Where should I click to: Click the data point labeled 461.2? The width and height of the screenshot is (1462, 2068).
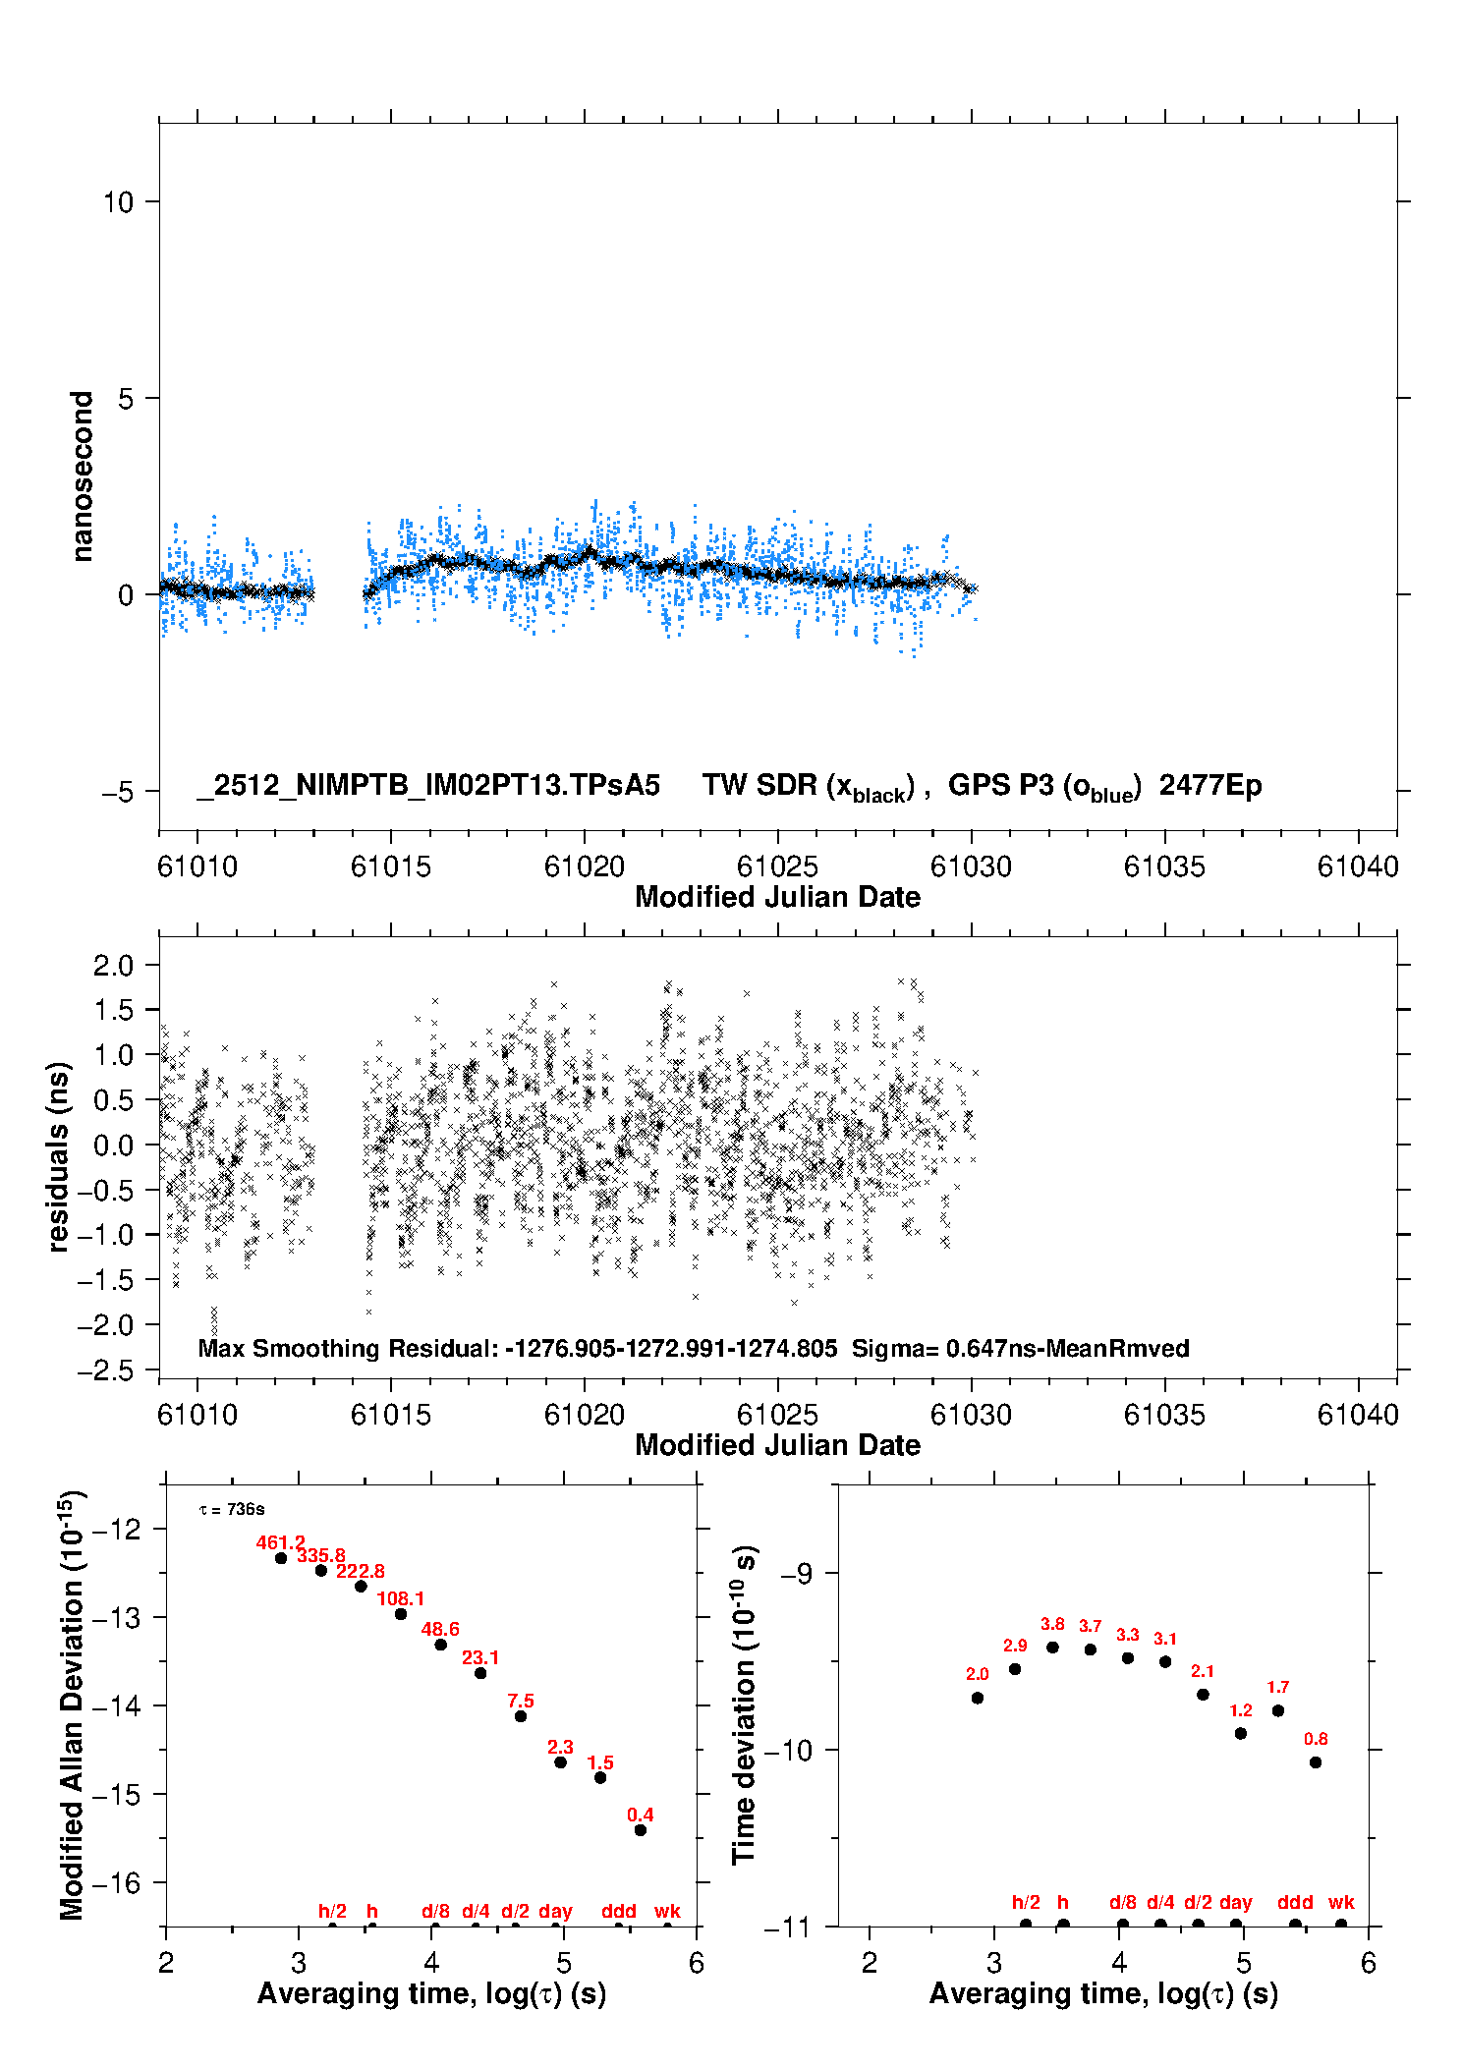pyautogui.click(x=281, y=1557)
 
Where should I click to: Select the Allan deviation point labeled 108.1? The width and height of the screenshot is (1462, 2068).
pyautogui.click(x=401, y=1613)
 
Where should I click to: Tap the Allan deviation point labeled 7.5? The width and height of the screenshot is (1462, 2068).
pyautogui.click(x=521, y=1715)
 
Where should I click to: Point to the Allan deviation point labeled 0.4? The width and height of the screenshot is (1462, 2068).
pyautogui.click(x=641, y=1829)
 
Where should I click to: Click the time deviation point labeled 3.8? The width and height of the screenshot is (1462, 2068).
pyautogui.click(x=1052, y=1647)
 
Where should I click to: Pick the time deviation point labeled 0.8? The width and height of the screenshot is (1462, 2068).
pyautogui.click(x=1316, y=1761)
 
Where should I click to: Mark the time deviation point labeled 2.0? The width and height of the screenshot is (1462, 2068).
pyautogui.click(x=977, y=1697)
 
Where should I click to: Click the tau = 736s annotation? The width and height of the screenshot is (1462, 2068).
pyautogui.click(x=232, y=1509)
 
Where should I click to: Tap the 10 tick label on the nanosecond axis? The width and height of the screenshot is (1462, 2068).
pyautogui.click(x=118, y=202)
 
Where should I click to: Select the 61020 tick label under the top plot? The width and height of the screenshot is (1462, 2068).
pyautogui.click(x=585, y=866)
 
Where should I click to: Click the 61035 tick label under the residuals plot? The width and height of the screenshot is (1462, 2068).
pyautogui.click(x=1164, y=1415)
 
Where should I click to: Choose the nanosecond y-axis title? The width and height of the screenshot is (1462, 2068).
pyautogui.click(x=83, y=475)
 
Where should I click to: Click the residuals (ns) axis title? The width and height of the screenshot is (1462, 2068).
pyautogui.click(x=59, y=1156)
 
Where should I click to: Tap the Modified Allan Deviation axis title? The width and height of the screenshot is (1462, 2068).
pyautogui.click(x=72, y=1705)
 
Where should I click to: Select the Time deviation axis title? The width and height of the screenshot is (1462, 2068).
pyautogui.click(x=744, y=1705)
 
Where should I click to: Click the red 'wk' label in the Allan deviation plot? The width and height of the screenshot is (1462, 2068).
pyautogui.click(x=667, y=1911)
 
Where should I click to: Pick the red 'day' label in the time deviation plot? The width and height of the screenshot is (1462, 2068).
pyautogui.click(x=1235, y=1902)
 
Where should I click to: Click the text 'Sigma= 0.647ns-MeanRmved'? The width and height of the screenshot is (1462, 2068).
pyautogui.click(x=1020, y=1348)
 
